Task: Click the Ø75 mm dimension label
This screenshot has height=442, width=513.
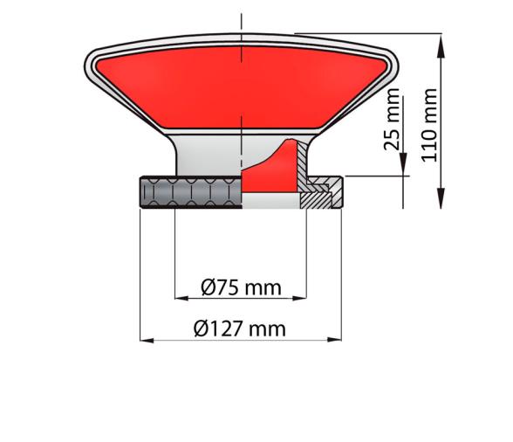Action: coord(241,287)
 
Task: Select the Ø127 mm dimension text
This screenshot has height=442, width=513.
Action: coord(241,328)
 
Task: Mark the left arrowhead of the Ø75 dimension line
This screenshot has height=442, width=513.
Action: coord(181,298)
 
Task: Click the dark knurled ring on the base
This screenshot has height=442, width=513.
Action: coord(188,191)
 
